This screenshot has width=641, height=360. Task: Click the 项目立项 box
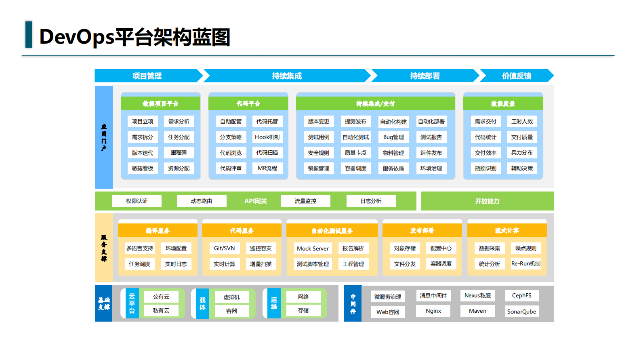(143, 122)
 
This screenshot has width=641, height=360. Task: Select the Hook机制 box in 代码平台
(267, 137)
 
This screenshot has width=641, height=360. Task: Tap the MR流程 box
(267, 168)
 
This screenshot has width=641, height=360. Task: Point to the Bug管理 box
(393, 137)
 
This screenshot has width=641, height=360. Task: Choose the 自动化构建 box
(393, 122)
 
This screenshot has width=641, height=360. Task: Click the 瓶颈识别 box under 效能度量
(485, 168)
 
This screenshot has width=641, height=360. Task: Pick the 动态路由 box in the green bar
(202, 201)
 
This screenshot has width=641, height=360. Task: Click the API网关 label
(255, 201)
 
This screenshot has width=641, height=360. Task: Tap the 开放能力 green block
(487, 201)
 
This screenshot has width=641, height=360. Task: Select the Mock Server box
(313, 248)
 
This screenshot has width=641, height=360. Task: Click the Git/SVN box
(224, 248)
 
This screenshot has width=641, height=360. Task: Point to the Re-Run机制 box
(525, 264)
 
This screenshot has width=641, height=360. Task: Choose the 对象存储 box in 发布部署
(405, 248)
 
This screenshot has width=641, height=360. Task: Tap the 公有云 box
(161, 297)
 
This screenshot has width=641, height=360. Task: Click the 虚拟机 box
(231, 297)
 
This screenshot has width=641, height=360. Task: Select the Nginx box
(433, 311)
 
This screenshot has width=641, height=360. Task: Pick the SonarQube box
(521, 312)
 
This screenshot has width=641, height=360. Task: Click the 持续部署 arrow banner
(425, 76)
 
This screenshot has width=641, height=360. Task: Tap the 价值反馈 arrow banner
(516, 76)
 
